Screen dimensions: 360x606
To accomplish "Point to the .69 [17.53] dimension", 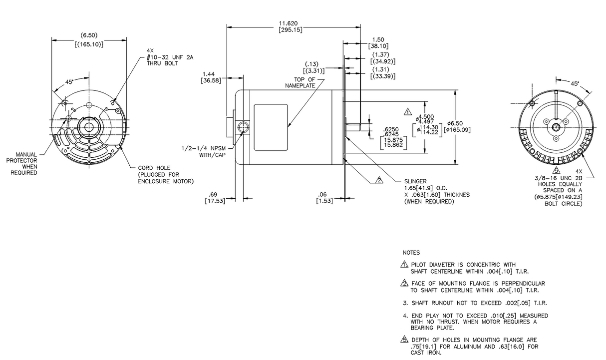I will pos(215,197).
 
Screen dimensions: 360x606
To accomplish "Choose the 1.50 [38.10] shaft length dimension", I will pos(378,42).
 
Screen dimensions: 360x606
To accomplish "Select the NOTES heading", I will pos(411,253).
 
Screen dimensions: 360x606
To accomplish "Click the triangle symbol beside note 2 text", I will pos(405,284).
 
